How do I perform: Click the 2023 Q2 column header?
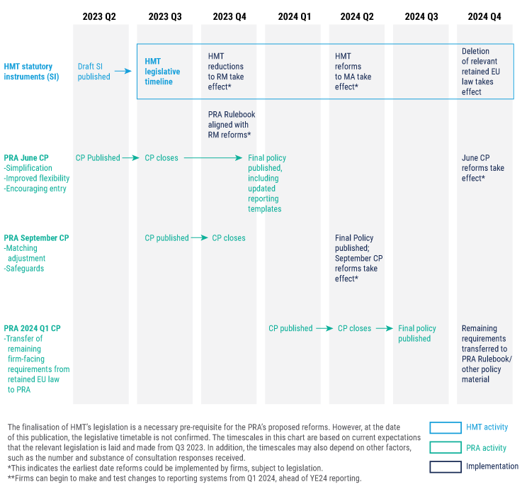[x=99, y=16]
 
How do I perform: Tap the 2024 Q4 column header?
[x=484, y=16]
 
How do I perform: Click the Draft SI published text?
[x=94, y=71]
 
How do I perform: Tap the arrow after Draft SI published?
[x=123, y=71]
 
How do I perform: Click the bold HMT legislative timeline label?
[x=162, y=72]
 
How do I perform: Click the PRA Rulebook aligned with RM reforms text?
[x=231, y=124]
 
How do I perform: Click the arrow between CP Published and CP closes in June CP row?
[x=130, y=158]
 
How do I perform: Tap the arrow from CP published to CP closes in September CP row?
[x=199, y=238]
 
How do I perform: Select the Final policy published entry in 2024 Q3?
[x=417, y=333]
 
